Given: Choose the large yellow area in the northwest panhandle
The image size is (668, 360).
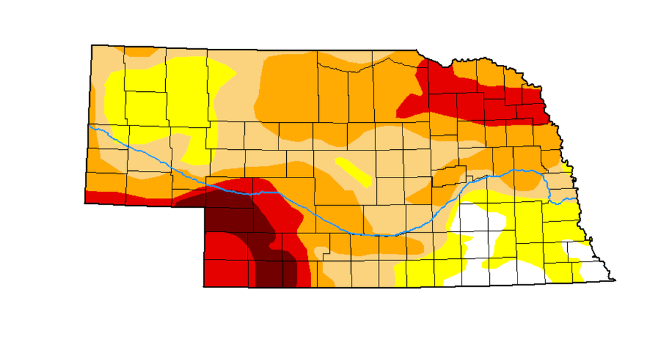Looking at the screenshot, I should (167, 96).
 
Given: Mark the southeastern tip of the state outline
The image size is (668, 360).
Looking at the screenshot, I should (615, 280).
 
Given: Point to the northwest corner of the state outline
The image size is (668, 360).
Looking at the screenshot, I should (92, 45).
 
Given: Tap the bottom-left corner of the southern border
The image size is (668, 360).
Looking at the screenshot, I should (204, 287).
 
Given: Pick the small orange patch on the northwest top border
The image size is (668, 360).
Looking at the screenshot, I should (139, 51).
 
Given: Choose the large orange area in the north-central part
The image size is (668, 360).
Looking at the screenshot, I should (302, 96).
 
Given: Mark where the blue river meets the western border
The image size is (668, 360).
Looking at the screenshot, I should (89, 127).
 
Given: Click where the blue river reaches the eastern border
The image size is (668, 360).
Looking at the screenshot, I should (576, 199).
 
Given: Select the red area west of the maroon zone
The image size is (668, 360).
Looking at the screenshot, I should (222, 260).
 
